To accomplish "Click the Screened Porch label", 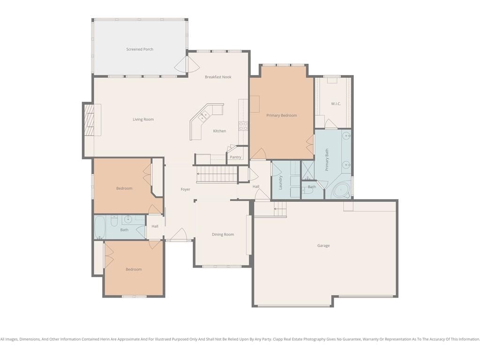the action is click(140, 49).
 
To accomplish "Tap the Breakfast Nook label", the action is click(218, 77).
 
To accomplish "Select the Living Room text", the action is click(143, 120).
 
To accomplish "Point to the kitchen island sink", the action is click(204, 116).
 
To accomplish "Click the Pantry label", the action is click(235, 157).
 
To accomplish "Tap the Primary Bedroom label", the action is click(282, 115).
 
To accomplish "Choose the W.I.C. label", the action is click(336, 104).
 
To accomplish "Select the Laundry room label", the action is click(280, 182).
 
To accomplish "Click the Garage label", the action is click(323, 246).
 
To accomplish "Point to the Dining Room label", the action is click(223, 234).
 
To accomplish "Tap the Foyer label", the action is click(186, 189).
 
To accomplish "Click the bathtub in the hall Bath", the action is click(100, 227).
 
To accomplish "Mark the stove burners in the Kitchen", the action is click(243, 126).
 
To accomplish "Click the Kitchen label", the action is click(219, 131).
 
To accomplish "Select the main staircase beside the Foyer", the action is click(217, 174).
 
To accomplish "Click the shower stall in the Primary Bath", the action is click(307, 170).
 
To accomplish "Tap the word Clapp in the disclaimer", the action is click(278, 339).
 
